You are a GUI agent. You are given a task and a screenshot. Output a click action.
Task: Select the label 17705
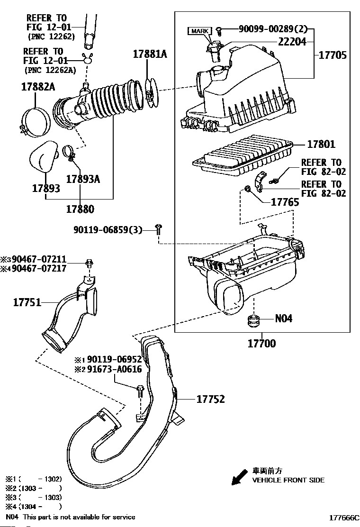tap(332, 55)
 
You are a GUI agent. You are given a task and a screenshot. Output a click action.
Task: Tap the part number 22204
tap(292, 42)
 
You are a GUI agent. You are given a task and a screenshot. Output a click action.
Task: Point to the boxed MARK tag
tap(199, 31)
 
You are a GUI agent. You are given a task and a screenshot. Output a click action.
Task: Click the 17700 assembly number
tap(261, 344)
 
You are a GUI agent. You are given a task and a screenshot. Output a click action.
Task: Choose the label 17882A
tap(38, 87)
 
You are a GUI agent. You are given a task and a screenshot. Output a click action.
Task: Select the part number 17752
tap(211, 400)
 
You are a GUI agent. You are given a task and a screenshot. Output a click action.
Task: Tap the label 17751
tap(27, 301)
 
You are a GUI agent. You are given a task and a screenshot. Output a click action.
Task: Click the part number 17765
tap(285, 202)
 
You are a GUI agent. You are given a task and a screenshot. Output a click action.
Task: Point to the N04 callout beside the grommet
tap(284, 318)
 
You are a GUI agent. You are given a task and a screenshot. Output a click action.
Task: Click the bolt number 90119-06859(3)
tap(108, 230)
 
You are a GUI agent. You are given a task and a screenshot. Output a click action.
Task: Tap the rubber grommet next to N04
tap(254, 320)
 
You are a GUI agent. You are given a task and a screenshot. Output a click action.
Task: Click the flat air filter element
tap(243, 154)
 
